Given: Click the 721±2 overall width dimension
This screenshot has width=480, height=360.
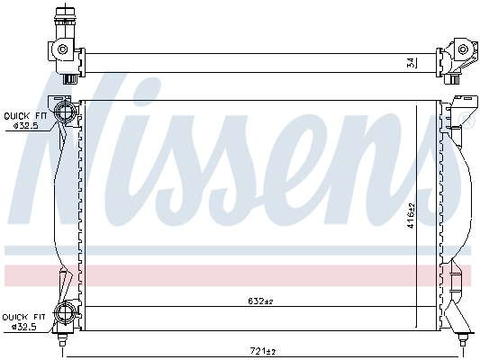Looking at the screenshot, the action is click(261, 351).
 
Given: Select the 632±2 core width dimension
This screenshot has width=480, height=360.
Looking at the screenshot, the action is click(260, 301).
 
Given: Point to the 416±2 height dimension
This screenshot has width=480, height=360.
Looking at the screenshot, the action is click(412, 215).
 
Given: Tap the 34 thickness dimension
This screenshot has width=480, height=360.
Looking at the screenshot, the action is click(412, 62).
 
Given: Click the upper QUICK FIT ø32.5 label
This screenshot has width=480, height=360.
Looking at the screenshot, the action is click(25, 121).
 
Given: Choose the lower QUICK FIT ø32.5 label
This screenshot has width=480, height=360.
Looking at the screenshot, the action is click(24, 322).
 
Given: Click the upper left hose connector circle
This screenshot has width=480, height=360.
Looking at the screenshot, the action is click(63, 112).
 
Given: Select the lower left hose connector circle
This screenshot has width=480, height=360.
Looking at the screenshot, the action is click(64, 312).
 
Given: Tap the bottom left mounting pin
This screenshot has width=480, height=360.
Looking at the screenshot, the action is click(62, 340).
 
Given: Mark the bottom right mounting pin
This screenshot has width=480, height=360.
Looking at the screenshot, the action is click(462, 339).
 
